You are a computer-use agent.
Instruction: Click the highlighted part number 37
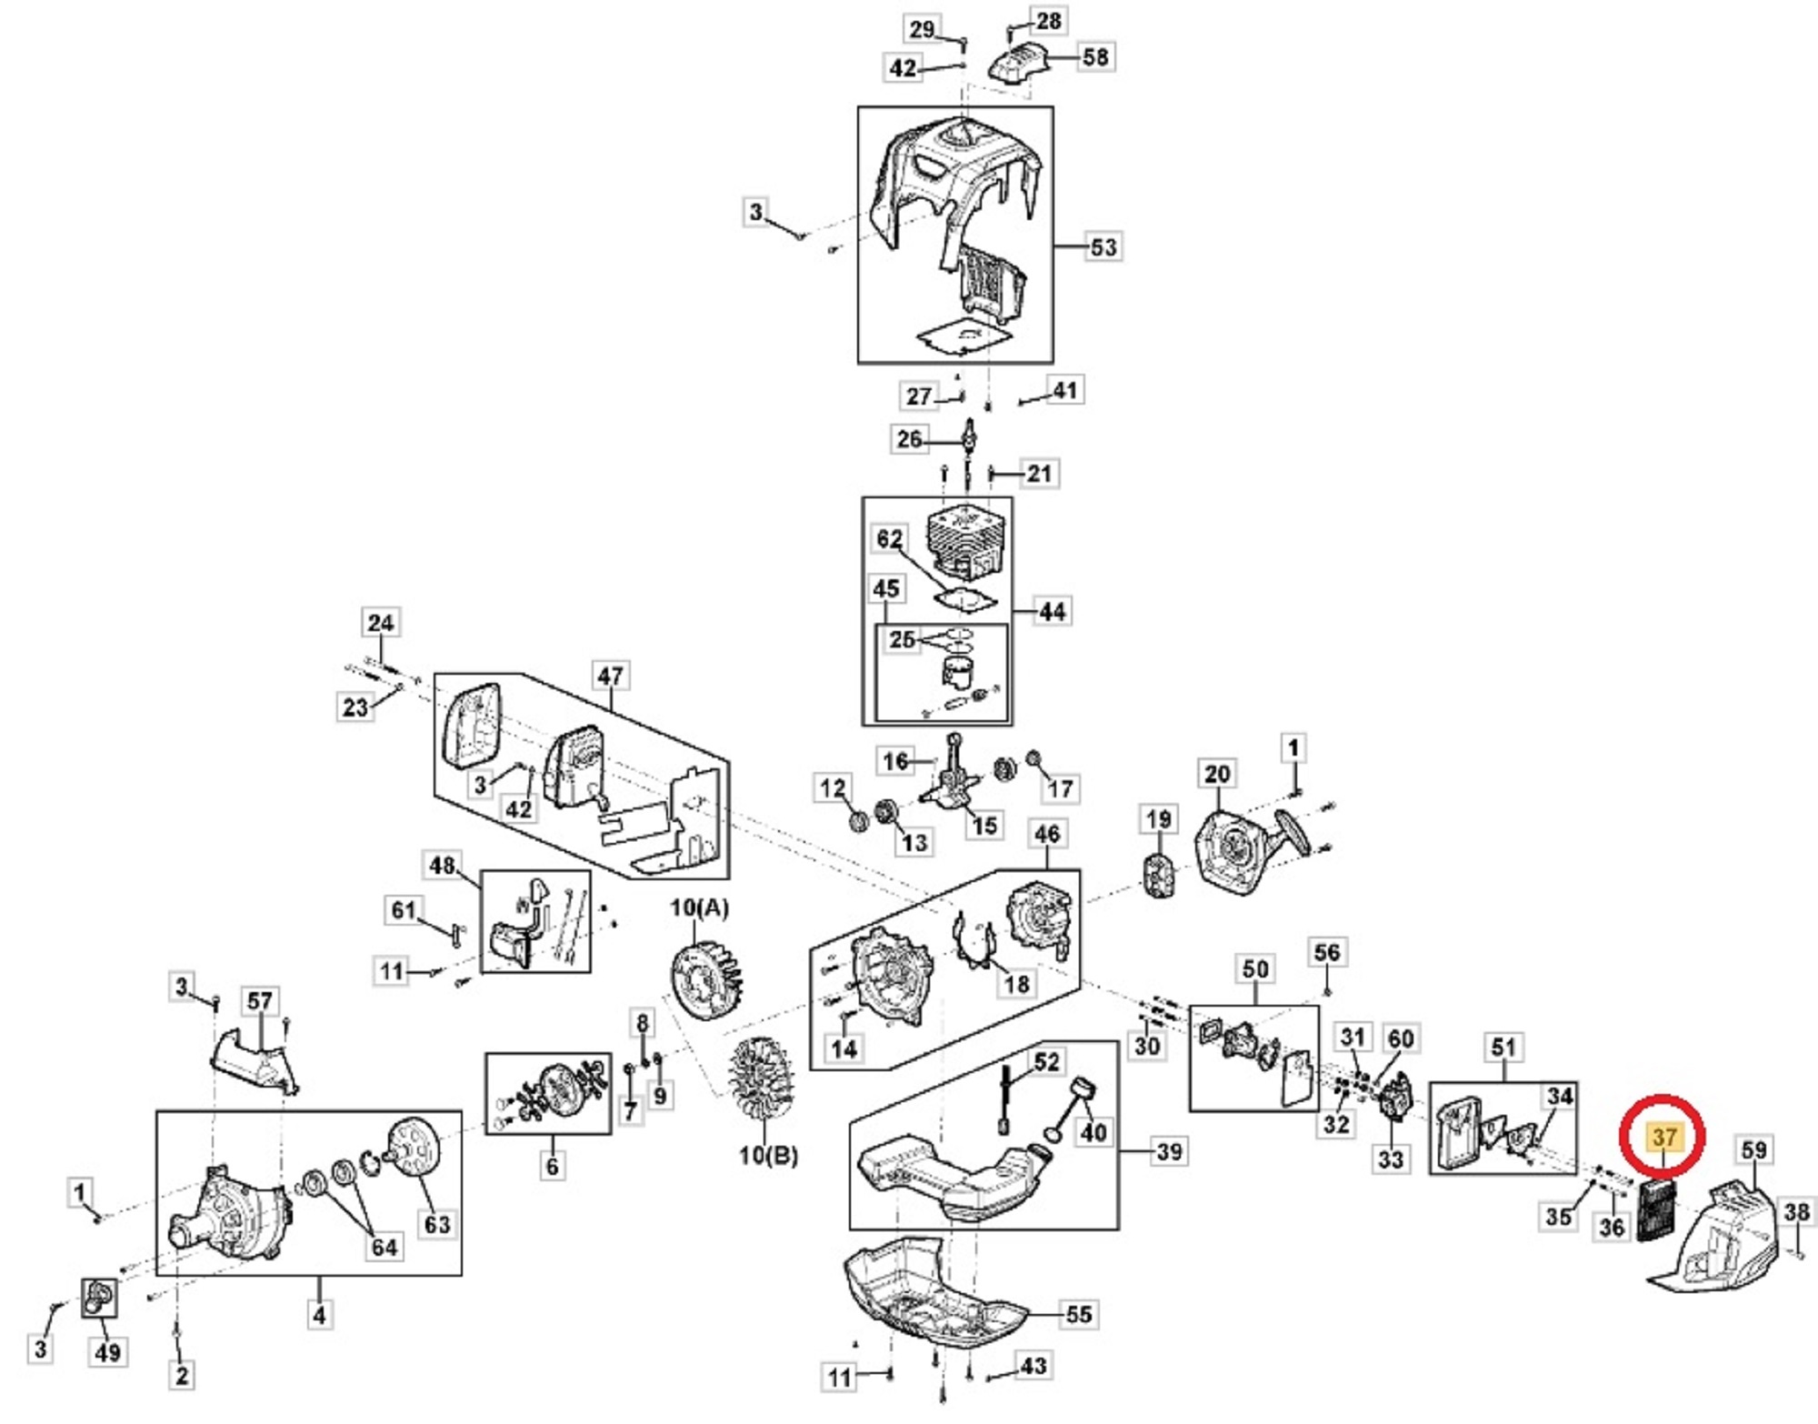(x=1663, y=1137)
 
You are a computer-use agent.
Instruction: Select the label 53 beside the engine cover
(x=1103, y=246)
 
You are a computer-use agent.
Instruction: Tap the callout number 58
(x=1095, y=56)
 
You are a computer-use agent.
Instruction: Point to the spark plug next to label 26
(x=969, y=438)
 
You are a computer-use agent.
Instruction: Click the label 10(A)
(x=699, y=908)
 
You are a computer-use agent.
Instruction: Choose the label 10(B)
(x=768, y=1156)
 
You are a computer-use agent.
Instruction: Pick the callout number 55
(x=1079, y=1314)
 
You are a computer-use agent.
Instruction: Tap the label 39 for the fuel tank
(x=1169, y=1151)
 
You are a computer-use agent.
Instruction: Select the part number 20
(x=1216, y=774)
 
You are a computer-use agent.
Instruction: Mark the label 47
(x=610, y=676)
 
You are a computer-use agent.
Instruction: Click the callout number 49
(x=108, y=1352)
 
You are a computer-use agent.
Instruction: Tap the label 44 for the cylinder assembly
(x=1052, y=611)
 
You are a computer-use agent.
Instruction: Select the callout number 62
(x=889, y=538)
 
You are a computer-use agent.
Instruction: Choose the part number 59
(x=1753, y=1149)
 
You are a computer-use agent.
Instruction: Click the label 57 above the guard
(x=260, y=1001)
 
